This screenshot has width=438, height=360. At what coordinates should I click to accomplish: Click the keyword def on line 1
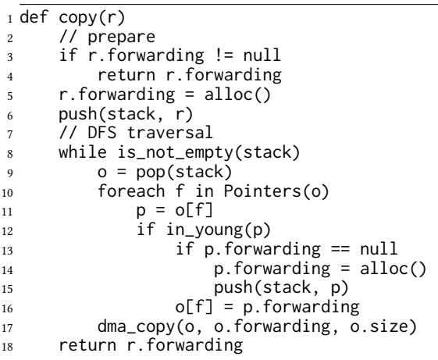[x=34, y=17]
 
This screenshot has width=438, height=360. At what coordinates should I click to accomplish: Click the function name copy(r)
[x=92, y=18]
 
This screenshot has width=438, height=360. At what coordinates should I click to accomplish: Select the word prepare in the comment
[x=122, y=37]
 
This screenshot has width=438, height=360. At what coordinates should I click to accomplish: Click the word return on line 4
[x=126, y=75]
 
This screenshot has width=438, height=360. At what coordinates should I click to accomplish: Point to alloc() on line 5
[x=237, y=94]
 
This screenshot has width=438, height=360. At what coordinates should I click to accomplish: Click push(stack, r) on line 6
[x=126, y=114]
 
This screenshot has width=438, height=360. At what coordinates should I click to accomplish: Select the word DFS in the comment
[x=102, y=132]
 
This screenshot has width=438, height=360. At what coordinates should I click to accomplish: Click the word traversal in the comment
[x=170, y=132]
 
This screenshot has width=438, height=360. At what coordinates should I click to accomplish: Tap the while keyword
[x=83, y=151]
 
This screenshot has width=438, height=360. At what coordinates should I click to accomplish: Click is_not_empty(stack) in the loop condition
[x=208, y=152]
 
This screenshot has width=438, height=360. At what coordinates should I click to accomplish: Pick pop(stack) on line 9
[x=184, y=172]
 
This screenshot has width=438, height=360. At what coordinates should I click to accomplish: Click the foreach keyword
[x=131, y=191]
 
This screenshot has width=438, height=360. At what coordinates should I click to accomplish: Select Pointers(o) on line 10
[x=276, y=191]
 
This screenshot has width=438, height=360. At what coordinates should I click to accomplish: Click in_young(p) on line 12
[x=219, y=230]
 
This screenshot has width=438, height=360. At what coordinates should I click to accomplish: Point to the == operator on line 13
[x=340, y=248]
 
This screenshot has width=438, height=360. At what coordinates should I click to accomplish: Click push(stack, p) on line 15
[x=281, y=288]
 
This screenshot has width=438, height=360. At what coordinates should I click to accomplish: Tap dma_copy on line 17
[x=136, y=326]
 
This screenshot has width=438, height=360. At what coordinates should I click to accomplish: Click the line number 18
[x=7, y=346]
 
